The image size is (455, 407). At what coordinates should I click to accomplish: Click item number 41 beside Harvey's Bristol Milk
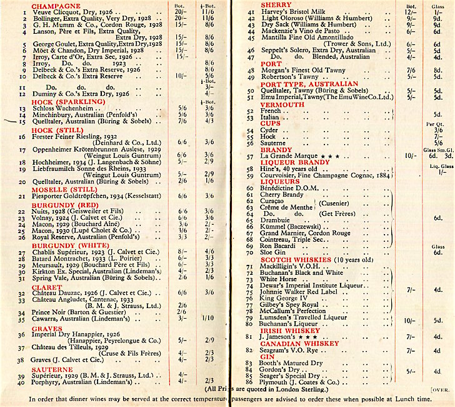click(x=250, y=12)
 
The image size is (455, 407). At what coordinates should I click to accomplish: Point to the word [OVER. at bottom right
click(x=442, y=388)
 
